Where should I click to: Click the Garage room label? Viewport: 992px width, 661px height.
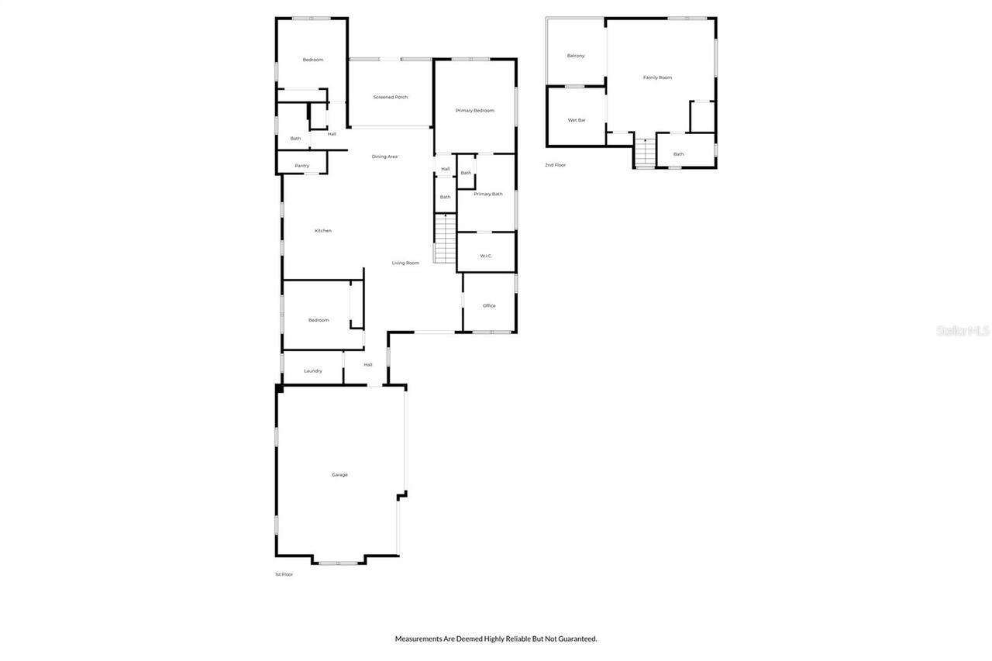pos(339,474)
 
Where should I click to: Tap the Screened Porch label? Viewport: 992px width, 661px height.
pos(390,97)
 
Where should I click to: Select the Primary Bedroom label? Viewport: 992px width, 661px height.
pos(474,111)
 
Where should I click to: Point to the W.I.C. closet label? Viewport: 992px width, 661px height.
pos(486,256)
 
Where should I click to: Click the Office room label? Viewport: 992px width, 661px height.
pos(489,305)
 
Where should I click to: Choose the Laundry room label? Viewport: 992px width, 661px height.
pos(312,371)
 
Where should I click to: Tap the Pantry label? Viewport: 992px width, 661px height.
pos(301,166)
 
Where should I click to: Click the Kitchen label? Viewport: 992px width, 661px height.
pos(322,230)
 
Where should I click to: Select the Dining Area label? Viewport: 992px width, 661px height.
pos(384,157)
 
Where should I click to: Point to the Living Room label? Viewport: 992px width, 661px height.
pos(405,263)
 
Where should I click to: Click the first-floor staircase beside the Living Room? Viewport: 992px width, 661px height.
pos(445,239)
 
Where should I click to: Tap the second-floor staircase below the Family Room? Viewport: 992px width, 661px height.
pos(645,150)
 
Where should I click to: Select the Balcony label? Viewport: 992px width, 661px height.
pos(575,56)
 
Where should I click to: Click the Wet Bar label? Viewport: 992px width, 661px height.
pos(576,120)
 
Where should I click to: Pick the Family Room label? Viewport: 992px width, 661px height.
pos(657,77)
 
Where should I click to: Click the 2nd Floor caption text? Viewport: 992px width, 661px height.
pos(555,165)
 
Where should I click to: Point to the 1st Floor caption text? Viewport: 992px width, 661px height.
pos(284,574)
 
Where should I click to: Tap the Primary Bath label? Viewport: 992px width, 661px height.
pos(488,194)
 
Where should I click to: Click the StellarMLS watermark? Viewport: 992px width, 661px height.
pos(963,330)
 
